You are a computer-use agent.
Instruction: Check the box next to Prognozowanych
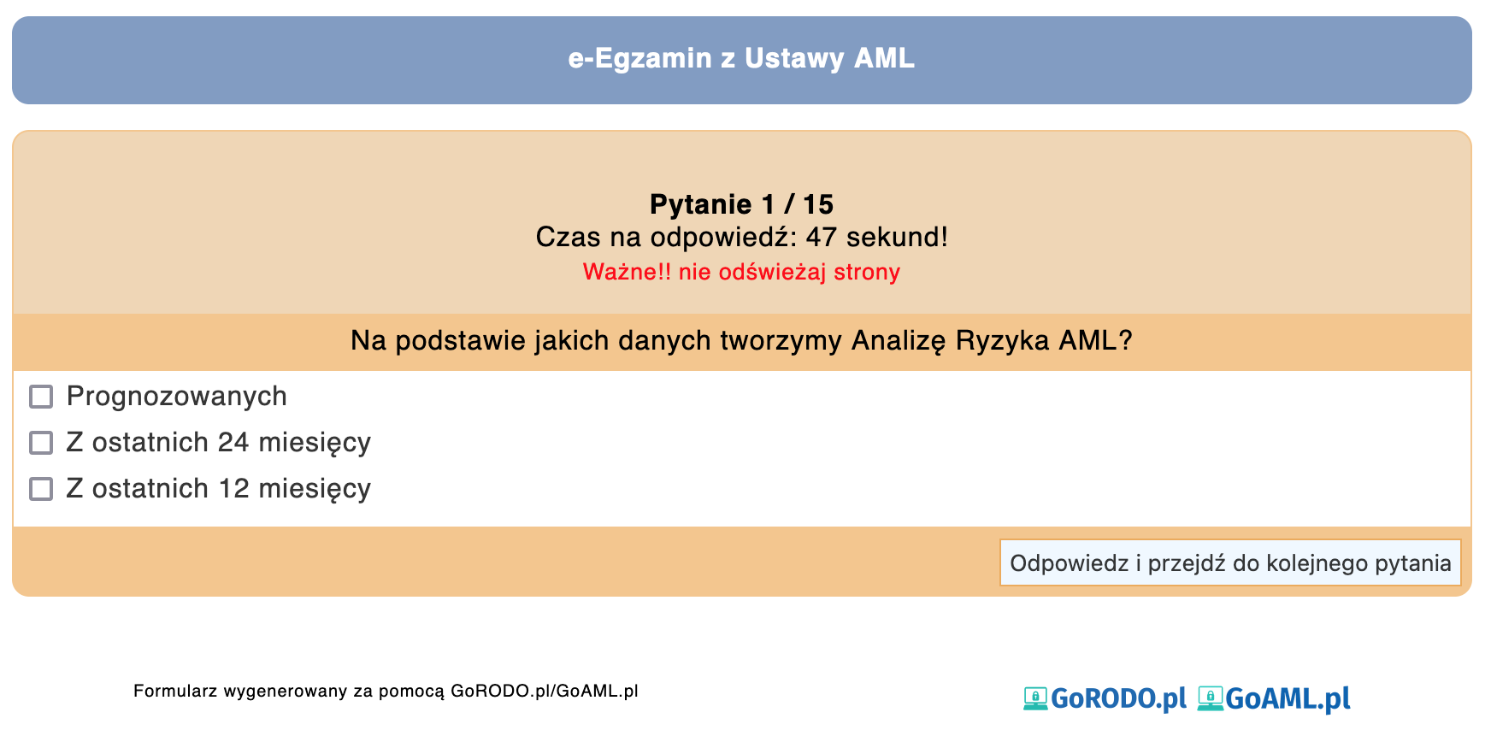click(x=41, y=397)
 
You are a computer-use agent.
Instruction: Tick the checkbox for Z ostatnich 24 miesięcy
click(x=41, y=443)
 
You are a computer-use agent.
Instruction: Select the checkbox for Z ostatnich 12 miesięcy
click(x=41, y=489)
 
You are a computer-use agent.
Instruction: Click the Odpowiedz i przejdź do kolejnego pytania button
click(x=1230, y=562)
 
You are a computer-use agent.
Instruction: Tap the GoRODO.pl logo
click(x=1105, y=698)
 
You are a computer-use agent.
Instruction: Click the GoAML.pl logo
click(x=1274, y=698)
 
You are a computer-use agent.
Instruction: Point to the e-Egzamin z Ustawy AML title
click(x=741, y=58)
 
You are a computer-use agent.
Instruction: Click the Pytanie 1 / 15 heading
click(x=741, y=204)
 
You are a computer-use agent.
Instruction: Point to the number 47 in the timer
click(x=821, y=237)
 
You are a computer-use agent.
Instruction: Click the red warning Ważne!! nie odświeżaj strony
click(x=741, y=272)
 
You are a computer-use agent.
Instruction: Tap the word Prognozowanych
click(x=177, y=397)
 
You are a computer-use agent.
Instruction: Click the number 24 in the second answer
click(x=233, y=443)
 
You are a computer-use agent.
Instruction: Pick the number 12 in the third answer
click(x=233, y=489)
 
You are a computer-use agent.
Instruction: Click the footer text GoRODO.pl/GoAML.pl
click(x=545, y=691)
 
